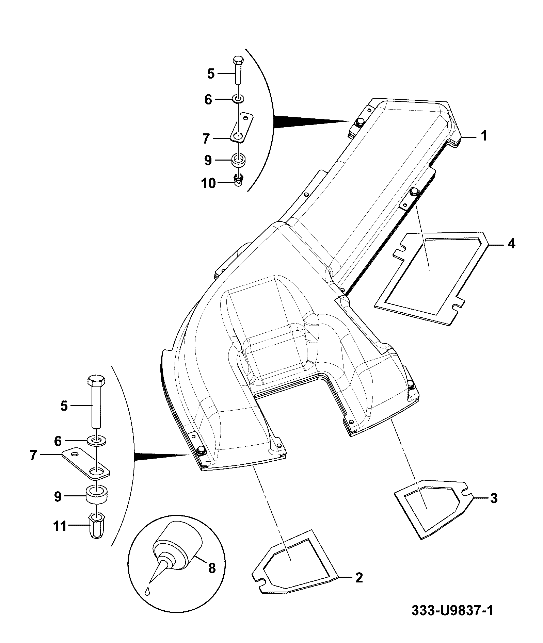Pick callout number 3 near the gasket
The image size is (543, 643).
493,499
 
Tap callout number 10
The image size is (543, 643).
209,183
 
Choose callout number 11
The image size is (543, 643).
60,527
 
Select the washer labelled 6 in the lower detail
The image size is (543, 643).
97,441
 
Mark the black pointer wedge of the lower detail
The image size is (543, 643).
162,457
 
